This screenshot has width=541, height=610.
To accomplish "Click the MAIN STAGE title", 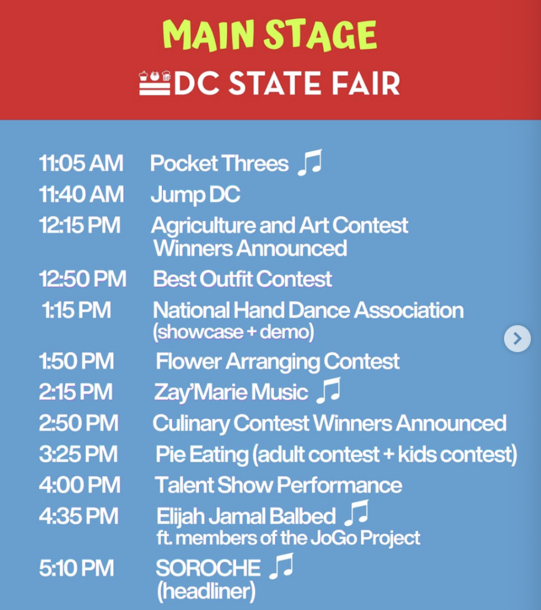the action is click(270, 35).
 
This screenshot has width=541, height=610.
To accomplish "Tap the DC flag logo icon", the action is click(155, 83).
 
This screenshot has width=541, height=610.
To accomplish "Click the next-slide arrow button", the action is click(517, 338).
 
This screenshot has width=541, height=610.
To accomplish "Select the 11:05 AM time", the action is click(81, 163).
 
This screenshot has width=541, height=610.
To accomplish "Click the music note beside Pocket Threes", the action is click(309, 162).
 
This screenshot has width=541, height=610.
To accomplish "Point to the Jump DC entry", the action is click(195, 195).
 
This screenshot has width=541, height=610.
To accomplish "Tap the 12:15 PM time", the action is click(80, 225).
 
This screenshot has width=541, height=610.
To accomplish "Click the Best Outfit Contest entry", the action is click(242, 279).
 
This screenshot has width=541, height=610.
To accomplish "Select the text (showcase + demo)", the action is click(233, 332).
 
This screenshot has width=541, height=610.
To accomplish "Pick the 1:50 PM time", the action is click(76, 361).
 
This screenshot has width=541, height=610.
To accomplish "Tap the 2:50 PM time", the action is click(79, 423).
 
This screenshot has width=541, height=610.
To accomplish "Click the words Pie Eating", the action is click(202, 455).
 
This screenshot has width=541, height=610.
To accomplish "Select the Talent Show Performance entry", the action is click(279, 485).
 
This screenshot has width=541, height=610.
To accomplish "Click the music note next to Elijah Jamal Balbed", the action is click(357, 513).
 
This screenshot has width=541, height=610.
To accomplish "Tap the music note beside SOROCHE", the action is click(282, 567).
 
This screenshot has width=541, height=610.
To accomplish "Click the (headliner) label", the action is click(207, 591).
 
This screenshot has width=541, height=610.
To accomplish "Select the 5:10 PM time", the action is click(76, 568).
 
